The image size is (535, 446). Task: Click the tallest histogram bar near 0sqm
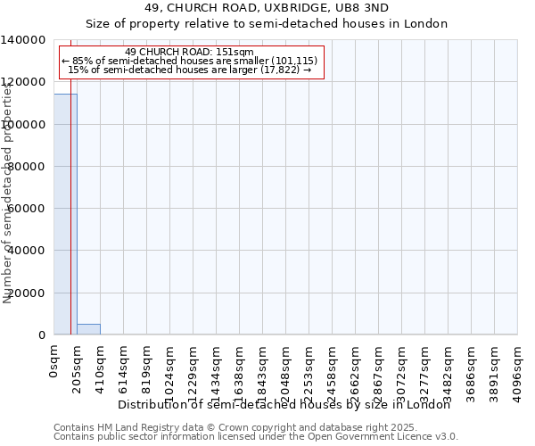[x=64, y=214]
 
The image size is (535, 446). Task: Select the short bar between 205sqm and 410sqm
[x=88, y=329]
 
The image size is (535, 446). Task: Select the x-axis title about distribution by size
[x=284, y=405]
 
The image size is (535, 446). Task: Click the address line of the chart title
[x=267, y=7]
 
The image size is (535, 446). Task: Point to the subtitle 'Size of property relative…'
[x=267, y=23]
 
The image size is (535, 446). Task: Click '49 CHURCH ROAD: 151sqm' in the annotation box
[x=190, y=52]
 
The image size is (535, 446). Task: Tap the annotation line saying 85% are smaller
[x=189, y=61]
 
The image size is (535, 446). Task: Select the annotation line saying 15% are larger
[x=189, y=70]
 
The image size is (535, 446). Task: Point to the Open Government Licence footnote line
[x=256, y=437]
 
